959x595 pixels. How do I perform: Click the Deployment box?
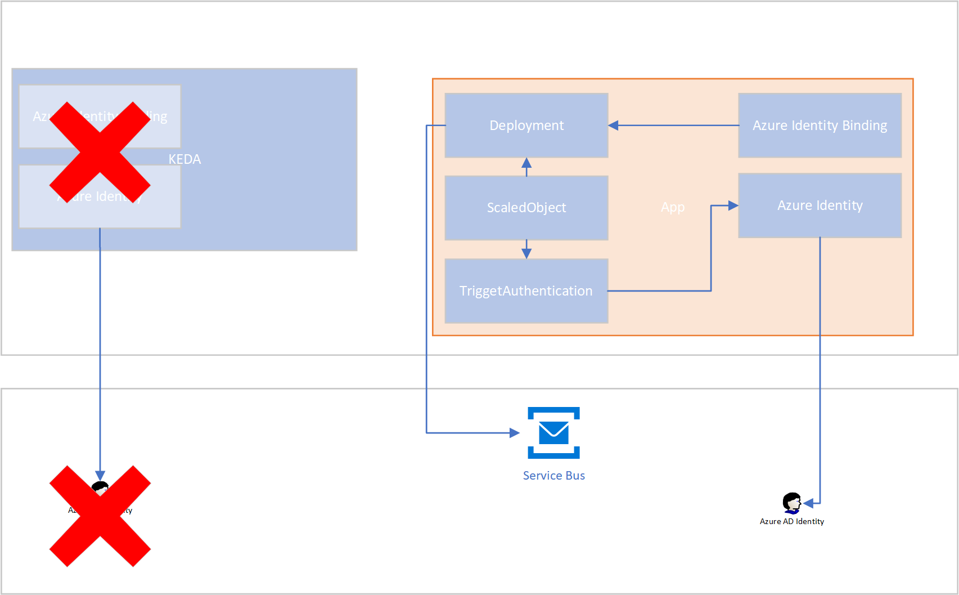pos(526,125)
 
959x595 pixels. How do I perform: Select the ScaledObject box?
pos(526,207)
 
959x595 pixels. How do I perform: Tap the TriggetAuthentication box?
pos(526,290)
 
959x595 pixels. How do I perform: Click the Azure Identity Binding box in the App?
pos(820,125)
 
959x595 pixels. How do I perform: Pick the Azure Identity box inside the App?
pos(820,205)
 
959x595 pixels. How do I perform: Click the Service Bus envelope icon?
pos(553,432)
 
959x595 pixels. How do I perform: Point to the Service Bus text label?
pos(553,476)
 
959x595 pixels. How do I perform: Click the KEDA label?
pos(184,159)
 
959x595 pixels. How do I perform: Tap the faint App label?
pos(673,207)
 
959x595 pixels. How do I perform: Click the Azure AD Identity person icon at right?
pos(791,503)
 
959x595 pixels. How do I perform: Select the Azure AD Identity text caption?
pos(791,522)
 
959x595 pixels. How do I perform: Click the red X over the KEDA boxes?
pos(100,152)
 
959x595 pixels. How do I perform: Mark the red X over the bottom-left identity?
pos(100,516)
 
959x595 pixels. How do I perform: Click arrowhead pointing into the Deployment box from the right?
pos(614,125)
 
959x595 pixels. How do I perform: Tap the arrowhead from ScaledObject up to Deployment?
pos(526,163)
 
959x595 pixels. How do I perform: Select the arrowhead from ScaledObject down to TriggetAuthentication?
pos(526,253)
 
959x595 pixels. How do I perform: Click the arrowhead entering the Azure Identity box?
pos(733,205)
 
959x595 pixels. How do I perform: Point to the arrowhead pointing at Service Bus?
pos(514,432)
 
